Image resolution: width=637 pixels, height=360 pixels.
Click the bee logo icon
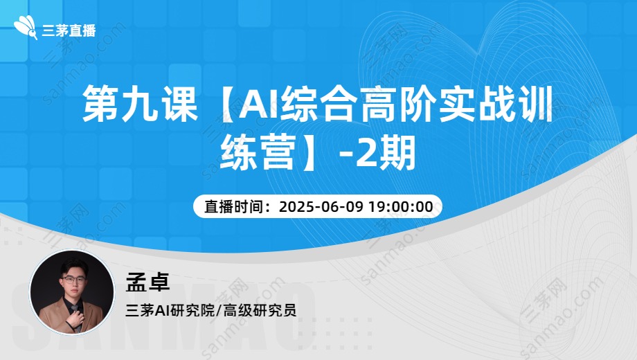click(26, 28)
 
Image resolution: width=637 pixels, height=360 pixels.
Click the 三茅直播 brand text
click(69, 30)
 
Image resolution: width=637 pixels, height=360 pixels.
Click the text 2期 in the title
click(386, 154)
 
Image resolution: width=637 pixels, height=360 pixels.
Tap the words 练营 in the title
click(258, 153)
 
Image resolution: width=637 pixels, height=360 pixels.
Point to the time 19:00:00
click(401, 207)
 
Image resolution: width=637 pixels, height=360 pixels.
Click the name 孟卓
click(147, 282)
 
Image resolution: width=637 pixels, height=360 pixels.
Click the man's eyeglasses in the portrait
click(73, 280)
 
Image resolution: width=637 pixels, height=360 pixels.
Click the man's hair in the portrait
click(73, 265)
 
